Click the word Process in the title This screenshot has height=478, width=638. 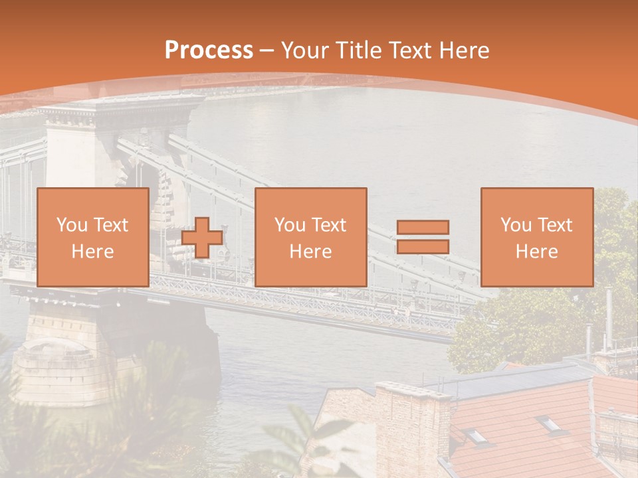[x=209, y=50]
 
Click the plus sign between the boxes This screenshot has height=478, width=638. [x=202, y=238]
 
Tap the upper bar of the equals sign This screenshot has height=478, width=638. [x=423, y=227]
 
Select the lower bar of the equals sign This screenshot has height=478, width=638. [x=423, y=247]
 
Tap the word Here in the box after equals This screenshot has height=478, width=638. [x=537, y=252]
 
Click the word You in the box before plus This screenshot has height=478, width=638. [x=70, y=225]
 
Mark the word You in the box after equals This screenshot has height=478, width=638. [x=514, y=225]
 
